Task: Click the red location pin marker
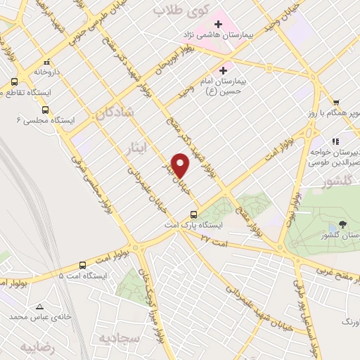pyautogui.click(x=181, y=165)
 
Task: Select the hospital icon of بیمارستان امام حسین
pyautogui.click(x=224, y=70)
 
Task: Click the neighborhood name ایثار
pyautogui.click(x=138, y=146)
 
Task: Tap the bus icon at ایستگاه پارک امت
pyautogui.click(x=194, y=214)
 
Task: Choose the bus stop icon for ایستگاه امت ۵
pyautogui.click(x=83, y=265)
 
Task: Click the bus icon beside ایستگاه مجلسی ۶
pyautogui.click(x=46, y=110)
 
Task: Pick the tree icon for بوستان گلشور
pyautogui.click(x=342, y=225)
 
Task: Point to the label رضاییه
pyautogui.click(x=37, y=347)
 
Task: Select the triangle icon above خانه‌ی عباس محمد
pyautogui.click(x=39, y=306)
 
